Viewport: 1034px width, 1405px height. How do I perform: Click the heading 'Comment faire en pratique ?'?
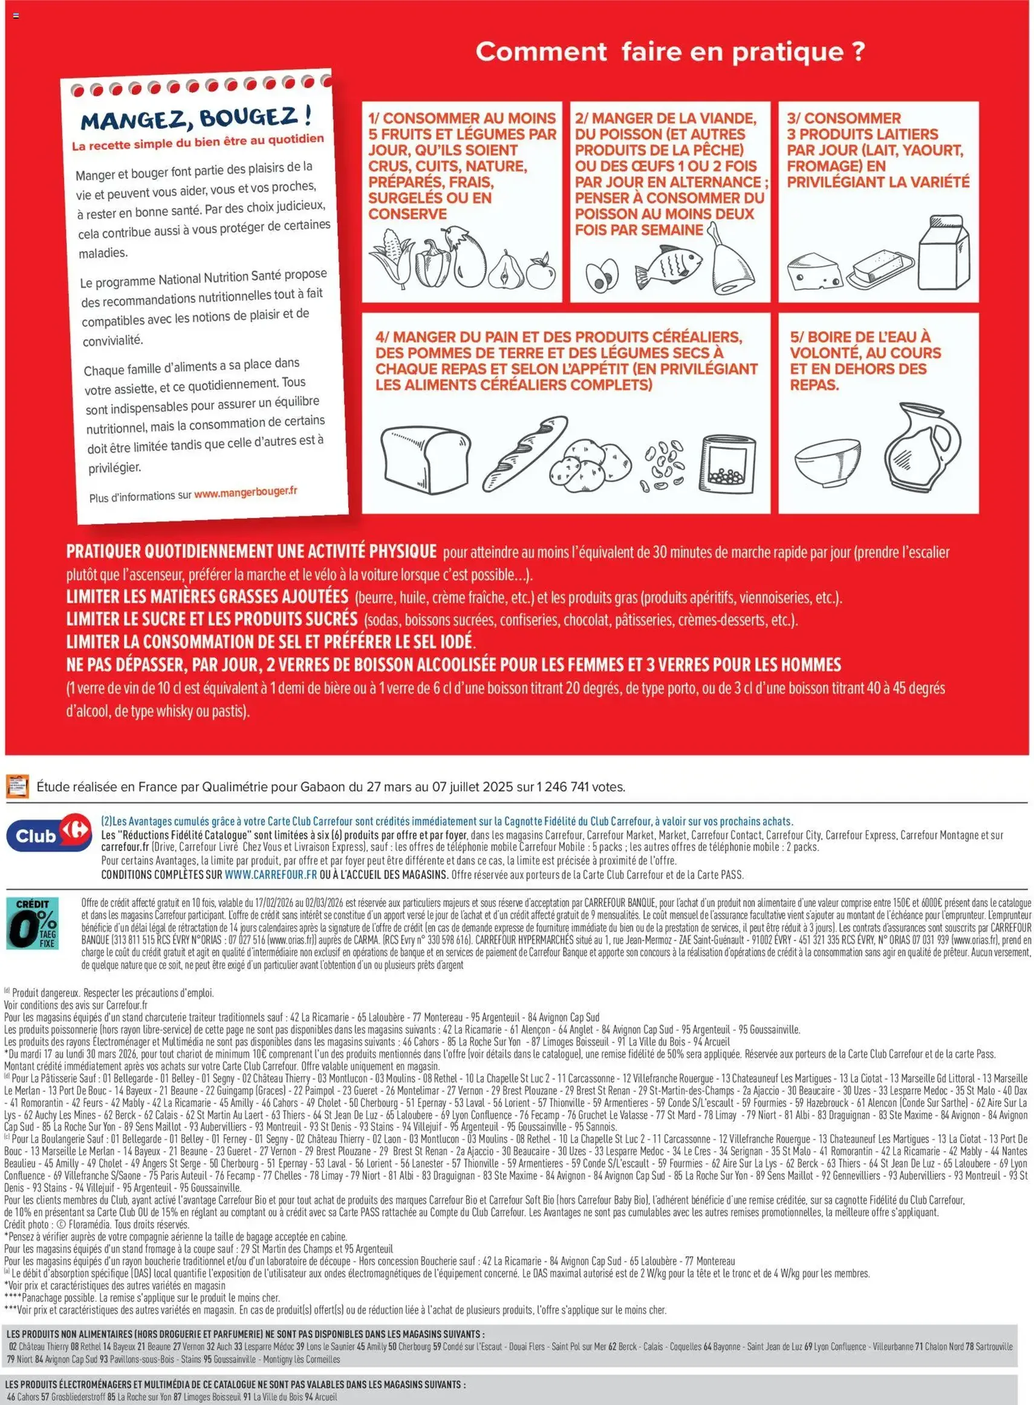[670, 51]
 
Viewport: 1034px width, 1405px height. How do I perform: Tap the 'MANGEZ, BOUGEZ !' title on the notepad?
[196, 118]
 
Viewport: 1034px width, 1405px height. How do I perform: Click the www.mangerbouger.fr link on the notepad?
[245, 493]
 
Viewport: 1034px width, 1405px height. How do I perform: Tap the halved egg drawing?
[602, 275]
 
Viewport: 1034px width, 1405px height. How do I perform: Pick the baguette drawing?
[524, 452]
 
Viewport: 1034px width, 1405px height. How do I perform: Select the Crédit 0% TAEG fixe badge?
[33, 923]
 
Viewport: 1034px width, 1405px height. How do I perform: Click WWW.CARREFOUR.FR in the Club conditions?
[271, 875]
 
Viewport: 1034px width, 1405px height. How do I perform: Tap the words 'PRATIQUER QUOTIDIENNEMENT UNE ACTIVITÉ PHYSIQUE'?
[251, 551]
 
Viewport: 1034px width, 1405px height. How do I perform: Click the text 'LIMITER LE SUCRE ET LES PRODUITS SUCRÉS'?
[212, 620]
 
